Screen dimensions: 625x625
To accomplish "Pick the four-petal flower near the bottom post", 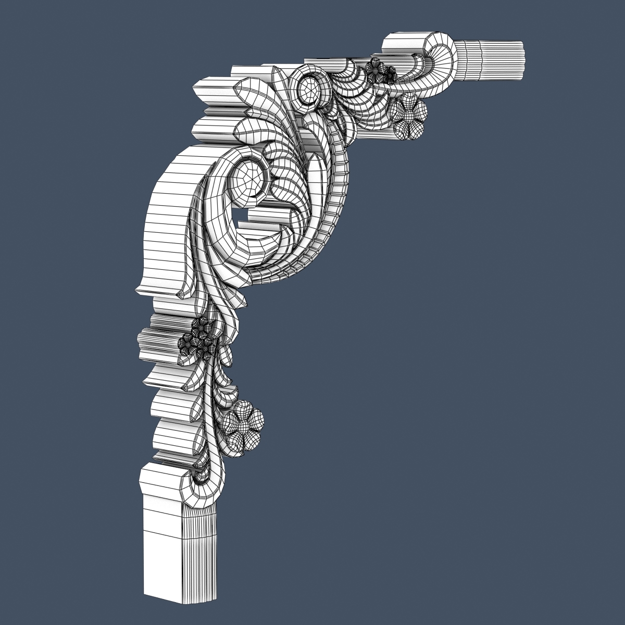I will click(x=242, y=425).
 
